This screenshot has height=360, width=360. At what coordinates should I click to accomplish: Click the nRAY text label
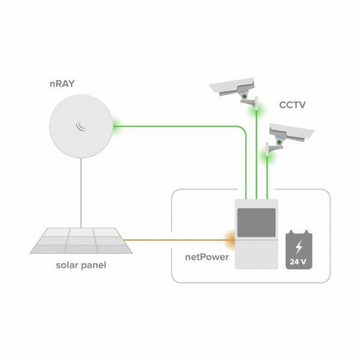[62, 84]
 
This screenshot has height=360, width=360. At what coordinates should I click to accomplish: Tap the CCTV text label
[292, 105]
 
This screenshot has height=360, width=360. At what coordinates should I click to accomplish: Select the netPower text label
[207, 257]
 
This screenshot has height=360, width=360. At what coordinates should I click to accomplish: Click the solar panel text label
[81, 265]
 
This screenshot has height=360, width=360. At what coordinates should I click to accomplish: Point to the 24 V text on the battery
[298, 262]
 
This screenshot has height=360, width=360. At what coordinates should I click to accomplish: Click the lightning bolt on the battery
[298, 247]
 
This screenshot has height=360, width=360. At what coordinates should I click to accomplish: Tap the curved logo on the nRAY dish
[81, 126]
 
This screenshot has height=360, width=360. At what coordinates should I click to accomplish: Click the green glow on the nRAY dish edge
[116, 126]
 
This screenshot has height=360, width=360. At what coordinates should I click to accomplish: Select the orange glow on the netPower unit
[230, 240]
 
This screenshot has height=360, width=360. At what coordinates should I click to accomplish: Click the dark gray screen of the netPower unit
[256, 223]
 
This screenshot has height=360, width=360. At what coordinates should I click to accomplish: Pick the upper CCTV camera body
[232, 86]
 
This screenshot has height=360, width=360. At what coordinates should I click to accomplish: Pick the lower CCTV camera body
[292, 132]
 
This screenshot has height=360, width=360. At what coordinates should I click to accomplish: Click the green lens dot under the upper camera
[245, 96]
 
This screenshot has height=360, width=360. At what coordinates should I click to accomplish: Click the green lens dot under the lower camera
[279, 142]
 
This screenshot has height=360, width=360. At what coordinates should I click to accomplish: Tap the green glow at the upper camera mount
[256, 111]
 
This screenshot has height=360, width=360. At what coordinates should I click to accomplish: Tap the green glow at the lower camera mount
[267, 157]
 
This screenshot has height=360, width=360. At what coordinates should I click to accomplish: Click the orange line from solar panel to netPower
[179, 240]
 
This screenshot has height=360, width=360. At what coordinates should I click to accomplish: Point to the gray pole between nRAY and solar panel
[81, 193]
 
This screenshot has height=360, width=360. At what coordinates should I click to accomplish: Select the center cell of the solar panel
[81, 241]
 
